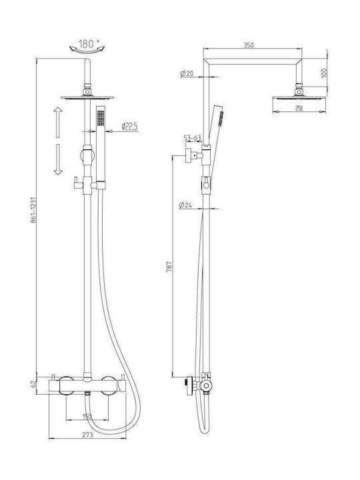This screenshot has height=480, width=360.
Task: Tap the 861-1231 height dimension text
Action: coord(33,210)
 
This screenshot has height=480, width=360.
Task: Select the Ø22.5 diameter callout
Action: coord(129,127)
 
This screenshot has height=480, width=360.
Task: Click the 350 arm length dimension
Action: coord(249,45)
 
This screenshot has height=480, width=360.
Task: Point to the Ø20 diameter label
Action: coord(187,73)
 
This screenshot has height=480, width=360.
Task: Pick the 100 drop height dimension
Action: coord(324,73)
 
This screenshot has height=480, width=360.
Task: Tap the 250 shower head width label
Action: coord(299,108)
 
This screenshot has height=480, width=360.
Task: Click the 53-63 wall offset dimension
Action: coord(193,138)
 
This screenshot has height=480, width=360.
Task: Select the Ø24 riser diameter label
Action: coord(185,205)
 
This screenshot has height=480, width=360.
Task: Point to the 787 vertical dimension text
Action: coord(169,267)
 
